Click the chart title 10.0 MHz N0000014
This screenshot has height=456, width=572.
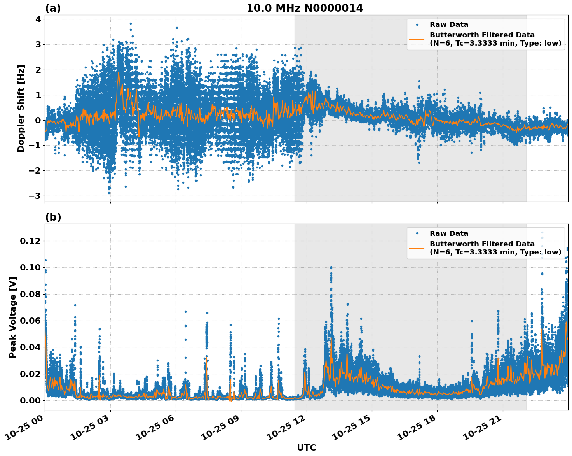pyautogui.click(x=304, y=8)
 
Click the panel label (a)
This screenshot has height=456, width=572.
pyautogui.click(x=53, y=8)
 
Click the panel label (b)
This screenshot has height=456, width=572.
pyautogui.click(x=53, y=217)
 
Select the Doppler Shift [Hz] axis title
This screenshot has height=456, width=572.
pyautogui.click(x=21, y=108)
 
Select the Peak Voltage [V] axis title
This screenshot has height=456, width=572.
pyautogui.click(x=13, y=317)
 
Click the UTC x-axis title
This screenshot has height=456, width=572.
pyautogui.click(x=306, y=447)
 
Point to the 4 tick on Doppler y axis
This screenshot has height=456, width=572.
pyautogui.click(x=38, y=19)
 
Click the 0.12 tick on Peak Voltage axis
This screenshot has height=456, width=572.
pyautogui.click(x=30, y=241)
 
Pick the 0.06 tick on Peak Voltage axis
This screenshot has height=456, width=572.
pyautogui.click(x=30, y=321)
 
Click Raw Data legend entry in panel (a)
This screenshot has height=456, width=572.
pyautogui.click(x=449, y=25)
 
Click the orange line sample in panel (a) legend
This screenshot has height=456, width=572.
pyautogui.click(x=417, y=39)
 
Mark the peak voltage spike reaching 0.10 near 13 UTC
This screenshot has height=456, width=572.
pyautogui.click(x=331, y=268)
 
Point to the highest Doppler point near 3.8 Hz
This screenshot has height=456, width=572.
pyautogui.click(x=131, y=23)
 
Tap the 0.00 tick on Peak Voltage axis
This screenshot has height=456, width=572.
pyautogui.click(x=30, y=400)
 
